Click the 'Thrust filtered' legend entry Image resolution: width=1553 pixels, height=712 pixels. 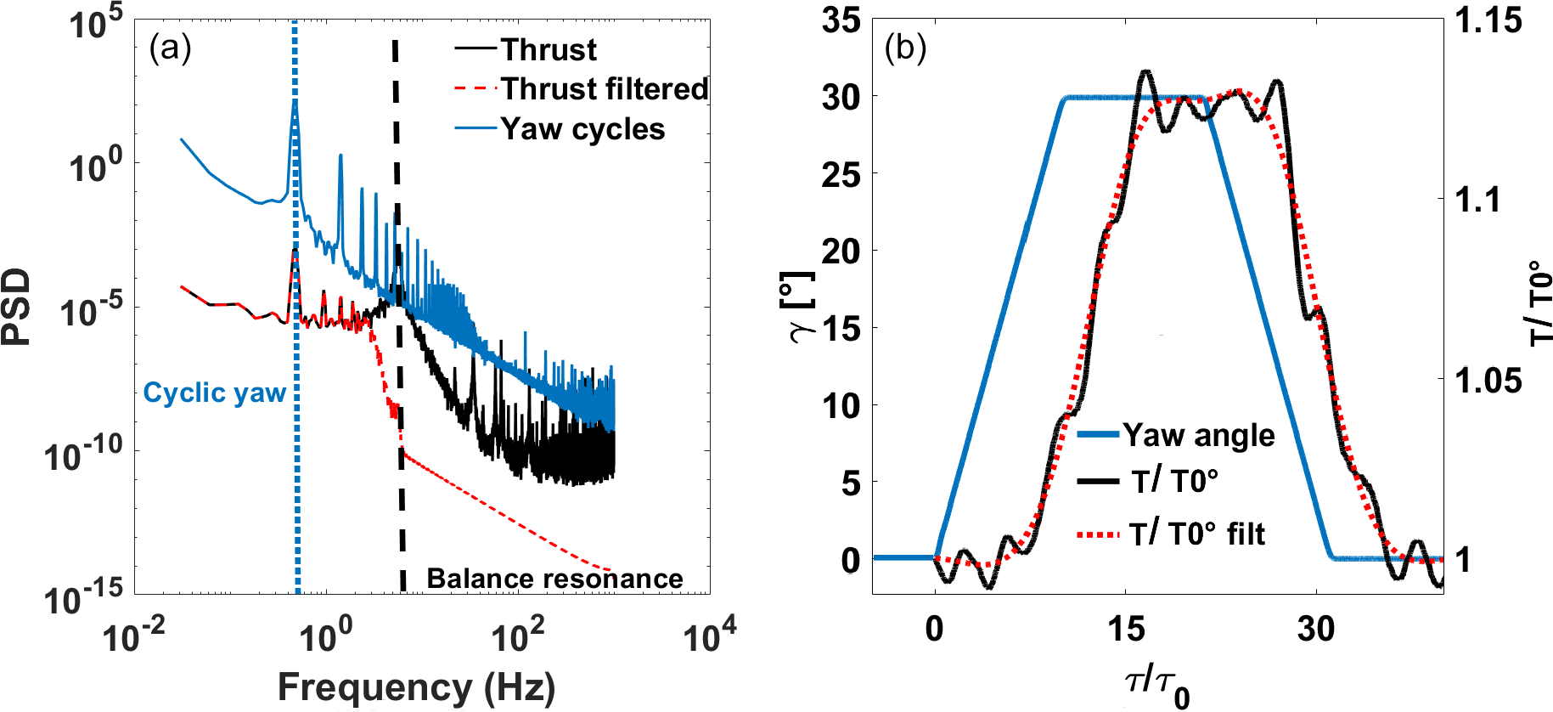click(x=604, y=89)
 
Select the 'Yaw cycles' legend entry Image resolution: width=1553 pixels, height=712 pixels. click(x=582, y=129)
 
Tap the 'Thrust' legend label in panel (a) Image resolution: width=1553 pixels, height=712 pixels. click(x=549, y=50)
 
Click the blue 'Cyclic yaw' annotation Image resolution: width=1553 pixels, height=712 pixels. click(x=214, y=393)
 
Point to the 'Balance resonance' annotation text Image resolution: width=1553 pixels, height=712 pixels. click(x=554, y=579)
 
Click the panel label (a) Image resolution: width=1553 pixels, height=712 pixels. click(x=170, y=49)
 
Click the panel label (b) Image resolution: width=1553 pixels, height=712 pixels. click(x=905, y=49)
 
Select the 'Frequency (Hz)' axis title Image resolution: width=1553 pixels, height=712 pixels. click(x=416, y=687)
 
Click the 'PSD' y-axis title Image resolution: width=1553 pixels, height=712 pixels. click(x=17, y=307)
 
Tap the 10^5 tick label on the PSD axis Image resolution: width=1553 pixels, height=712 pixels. click(x=95, y=23)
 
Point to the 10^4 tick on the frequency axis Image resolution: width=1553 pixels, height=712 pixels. click(x=710, y=635)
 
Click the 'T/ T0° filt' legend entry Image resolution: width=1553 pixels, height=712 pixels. click(x=1196, y=534)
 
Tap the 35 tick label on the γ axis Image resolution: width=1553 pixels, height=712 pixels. click(x=841, y=20)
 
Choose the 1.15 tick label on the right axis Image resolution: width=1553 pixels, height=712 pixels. click(x=1488, y=20)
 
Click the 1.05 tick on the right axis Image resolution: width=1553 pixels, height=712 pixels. click(x=1488, y=380)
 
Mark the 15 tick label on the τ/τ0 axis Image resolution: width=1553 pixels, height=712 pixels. click(x=1125, y=630)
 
